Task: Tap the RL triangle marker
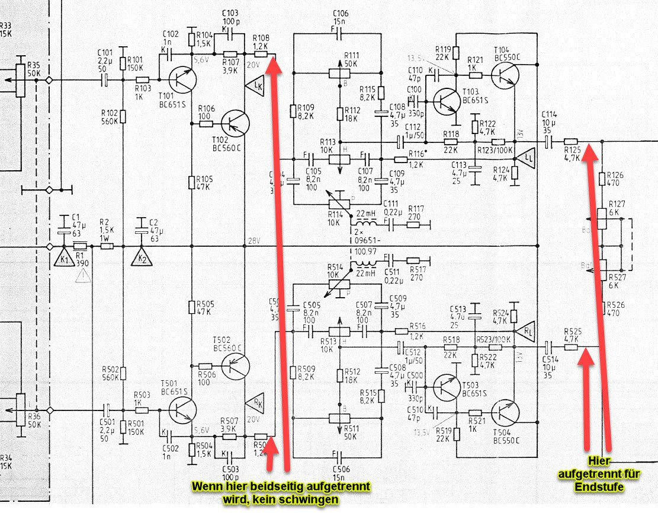pyautogui.click(x=525, y=330)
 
